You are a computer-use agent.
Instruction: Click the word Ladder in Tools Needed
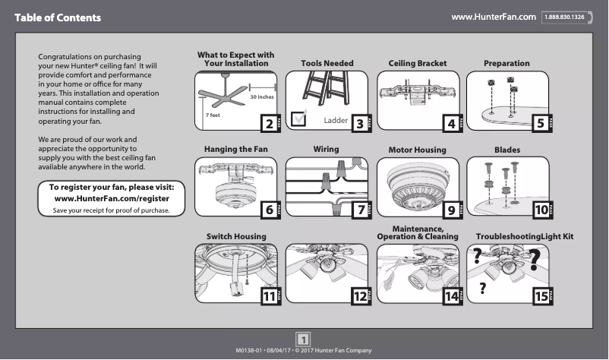pyautogui.click(x=336, y=122)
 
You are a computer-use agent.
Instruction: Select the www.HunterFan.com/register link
pyautogui.click(x=112, y=198)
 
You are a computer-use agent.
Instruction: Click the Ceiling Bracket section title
pyautogui.click(x=418, y=63)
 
